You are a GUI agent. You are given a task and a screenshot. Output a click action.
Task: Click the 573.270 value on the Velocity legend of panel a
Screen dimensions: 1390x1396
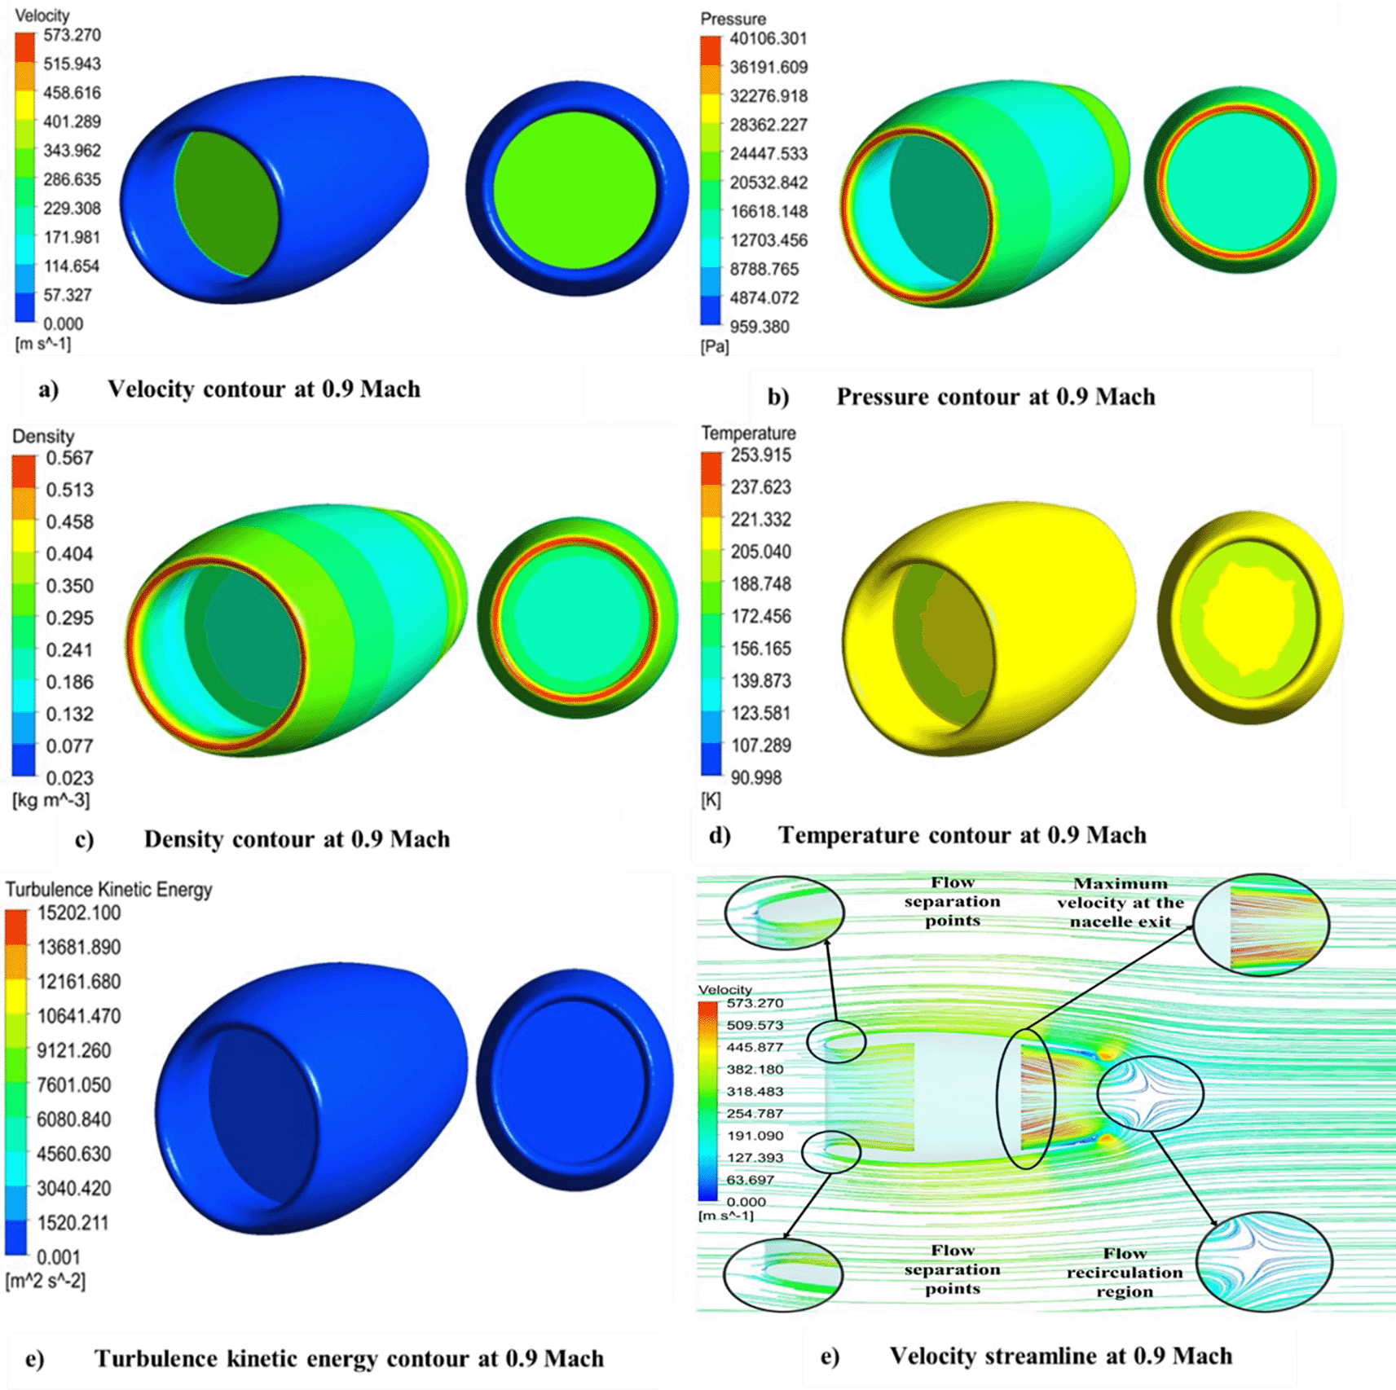72,35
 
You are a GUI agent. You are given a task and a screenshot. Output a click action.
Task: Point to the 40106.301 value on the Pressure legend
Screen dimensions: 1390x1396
768,38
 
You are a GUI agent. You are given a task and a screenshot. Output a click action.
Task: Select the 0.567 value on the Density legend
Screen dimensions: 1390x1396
69,458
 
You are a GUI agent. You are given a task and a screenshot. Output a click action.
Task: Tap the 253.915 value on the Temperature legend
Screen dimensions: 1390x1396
760,455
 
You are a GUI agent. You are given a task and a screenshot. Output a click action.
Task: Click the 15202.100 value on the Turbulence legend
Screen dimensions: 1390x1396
78,913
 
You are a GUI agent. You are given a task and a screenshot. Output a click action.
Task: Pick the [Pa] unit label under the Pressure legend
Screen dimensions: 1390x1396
714,346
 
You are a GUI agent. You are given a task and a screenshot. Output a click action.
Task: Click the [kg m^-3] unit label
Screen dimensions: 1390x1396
51,800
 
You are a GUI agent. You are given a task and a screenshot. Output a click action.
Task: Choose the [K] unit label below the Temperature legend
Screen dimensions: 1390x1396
711,800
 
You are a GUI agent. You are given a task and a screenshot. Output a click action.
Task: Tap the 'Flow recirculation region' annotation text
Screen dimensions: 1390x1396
1125,1272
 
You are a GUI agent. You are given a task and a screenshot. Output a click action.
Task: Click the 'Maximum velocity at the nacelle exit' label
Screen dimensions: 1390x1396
1120,902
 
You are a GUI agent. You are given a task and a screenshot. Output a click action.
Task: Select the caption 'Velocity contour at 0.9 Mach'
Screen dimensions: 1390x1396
264,389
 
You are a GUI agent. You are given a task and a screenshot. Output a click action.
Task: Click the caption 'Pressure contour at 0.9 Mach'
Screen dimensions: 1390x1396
995,397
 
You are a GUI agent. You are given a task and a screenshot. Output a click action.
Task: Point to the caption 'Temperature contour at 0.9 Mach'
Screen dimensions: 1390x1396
962,835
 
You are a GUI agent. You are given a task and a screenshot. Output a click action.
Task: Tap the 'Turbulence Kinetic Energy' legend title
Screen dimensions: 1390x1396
108,889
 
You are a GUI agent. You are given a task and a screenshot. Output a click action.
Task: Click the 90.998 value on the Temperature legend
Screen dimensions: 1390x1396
755,777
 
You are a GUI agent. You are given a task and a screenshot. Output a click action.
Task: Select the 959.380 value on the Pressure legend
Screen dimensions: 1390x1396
759,327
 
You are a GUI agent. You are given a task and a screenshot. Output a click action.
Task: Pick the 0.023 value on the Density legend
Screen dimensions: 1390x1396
69,777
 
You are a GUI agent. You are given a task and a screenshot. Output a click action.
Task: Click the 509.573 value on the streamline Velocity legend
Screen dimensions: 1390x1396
755,1025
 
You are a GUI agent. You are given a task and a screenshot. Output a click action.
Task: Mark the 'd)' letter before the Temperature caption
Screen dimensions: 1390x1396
719,835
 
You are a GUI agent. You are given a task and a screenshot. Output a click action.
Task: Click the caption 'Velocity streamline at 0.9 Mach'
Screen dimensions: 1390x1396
1060,1356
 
